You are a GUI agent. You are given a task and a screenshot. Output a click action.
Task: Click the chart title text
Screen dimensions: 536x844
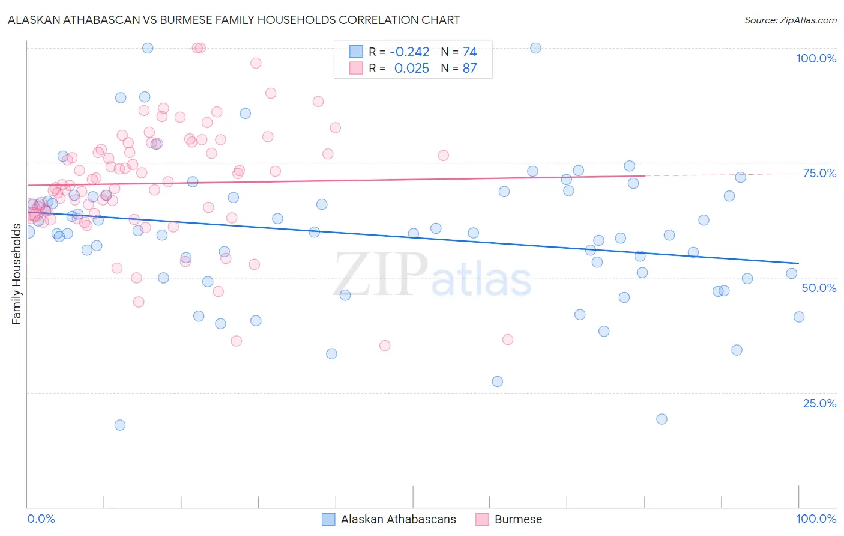[234, 20]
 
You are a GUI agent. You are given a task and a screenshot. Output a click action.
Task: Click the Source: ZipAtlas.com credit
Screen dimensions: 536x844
[790, 20]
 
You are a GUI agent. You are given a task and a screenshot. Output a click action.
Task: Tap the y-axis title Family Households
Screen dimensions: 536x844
[16, 274]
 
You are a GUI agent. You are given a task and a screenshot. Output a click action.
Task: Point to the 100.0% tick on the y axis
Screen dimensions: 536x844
[816, 58]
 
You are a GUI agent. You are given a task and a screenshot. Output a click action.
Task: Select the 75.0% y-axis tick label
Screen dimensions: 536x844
[819, 173]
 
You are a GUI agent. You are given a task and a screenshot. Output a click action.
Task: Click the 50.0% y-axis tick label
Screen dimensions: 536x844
[819, 288]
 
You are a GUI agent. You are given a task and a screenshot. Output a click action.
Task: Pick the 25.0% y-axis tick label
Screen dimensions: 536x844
[819, 403]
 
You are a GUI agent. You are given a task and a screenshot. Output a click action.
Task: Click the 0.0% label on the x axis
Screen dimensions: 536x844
[41, 519]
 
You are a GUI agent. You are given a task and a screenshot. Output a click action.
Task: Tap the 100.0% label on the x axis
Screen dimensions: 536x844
[816, 519]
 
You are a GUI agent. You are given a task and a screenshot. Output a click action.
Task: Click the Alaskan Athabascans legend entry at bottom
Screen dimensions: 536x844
[398, 519]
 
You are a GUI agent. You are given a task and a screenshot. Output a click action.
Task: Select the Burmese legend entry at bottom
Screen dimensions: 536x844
[517, 519]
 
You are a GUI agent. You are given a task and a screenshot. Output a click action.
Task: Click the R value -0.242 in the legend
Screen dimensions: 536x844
[409, 52]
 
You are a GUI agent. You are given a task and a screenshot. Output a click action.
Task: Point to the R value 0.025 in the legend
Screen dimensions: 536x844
[411, 69]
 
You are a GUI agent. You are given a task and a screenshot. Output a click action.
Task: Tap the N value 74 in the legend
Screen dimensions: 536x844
[469, 52]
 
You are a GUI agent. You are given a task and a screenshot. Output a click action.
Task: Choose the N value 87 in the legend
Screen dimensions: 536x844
[469, 69]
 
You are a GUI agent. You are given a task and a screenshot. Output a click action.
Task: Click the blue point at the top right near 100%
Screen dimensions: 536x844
[535, 48]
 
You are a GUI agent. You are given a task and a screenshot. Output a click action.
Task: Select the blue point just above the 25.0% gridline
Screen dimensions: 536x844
[497, 382]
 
